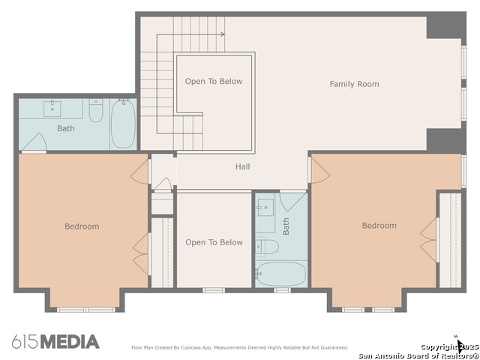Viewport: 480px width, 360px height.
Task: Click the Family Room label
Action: tap(354, 84)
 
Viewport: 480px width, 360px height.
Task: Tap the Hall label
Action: tap(242, 166)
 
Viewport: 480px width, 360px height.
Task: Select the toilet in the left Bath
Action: tap(96, 110)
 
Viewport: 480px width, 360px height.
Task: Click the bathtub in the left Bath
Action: tap(123, 123)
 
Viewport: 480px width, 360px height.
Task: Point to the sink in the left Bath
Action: tap(52, 109)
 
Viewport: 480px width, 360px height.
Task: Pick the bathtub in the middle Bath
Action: tap(281, 274)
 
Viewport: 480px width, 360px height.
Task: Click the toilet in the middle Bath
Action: tap(267, 247)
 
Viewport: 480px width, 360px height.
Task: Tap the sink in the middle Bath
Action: tap(265, 208)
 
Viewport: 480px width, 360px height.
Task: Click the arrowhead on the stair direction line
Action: tap(223, 34)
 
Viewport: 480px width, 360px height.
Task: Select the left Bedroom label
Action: tap(82, 226)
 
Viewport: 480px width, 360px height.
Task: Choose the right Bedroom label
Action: tap(379, 225)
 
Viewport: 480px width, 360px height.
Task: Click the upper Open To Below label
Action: tap(214, 81)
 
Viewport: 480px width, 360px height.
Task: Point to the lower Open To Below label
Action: tap(214, 242)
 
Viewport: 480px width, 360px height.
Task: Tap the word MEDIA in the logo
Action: tap(70, 342)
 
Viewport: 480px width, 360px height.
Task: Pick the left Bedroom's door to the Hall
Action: tap(140, 172)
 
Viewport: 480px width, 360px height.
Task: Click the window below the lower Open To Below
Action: tap(214, 290)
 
